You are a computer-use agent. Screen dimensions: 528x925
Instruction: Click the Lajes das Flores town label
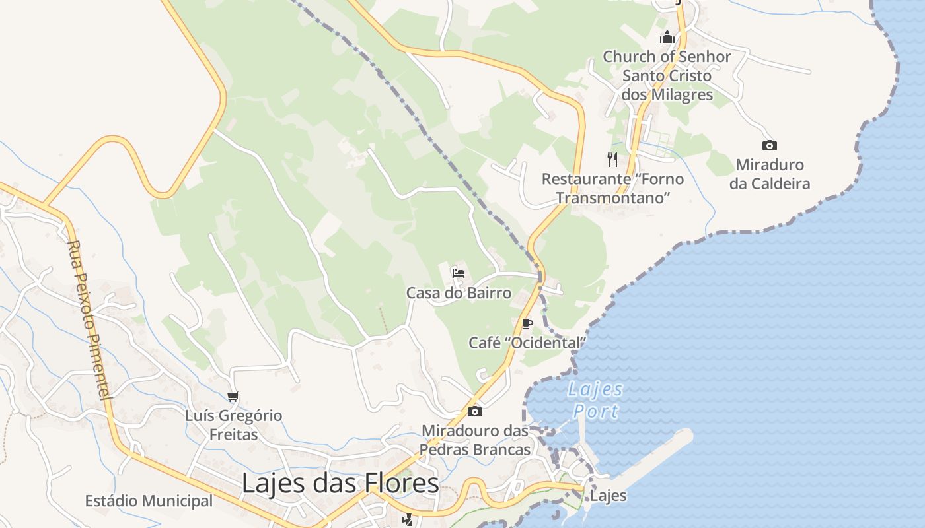(x=340, y=483)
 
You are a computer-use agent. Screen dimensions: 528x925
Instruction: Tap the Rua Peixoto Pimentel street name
(x=87, y=319)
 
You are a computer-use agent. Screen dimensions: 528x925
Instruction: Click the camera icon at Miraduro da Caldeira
(x=769, y=145)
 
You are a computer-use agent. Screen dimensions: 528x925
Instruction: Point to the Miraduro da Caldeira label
(x=769, y=174)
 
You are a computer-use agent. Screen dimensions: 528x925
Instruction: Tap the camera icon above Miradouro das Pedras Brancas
(x=474, y=412)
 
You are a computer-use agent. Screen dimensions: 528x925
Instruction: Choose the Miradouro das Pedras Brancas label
(x=475, y=440)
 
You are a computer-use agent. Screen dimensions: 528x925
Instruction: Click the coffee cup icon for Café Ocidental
(x=527, y=323)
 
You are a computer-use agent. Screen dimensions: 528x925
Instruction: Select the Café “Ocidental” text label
(x=527, y=343)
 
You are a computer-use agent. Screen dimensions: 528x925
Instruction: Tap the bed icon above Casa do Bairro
(x=459, y=273)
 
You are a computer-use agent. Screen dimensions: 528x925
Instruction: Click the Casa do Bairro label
(x=459, y=292)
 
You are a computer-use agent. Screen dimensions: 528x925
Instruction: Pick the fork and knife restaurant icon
(x=612, y=159)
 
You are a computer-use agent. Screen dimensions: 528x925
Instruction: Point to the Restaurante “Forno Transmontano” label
(x=612, y=188)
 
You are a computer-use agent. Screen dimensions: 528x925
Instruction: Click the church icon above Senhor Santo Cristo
(x=667, y=37)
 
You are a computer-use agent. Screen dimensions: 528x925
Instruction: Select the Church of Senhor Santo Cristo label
(x=667, y=75)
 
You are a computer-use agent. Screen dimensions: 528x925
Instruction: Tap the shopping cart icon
(x=233, y=396)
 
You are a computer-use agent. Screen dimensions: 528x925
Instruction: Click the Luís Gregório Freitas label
(x=233, y=425)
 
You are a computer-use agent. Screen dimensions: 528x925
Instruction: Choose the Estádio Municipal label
(x=149, y=501)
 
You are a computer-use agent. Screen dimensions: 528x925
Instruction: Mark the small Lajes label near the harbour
(x=608, y=496)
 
